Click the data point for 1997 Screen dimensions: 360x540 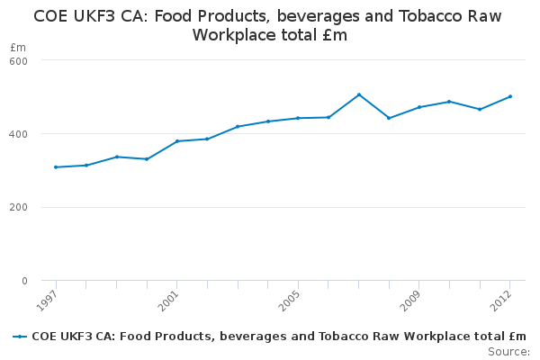pos(56,167)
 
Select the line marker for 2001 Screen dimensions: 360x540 pos(177,141)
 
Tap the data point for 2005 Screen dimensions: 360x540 pos(298,118)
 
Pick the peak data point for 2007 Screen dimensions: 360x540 pos(359,94)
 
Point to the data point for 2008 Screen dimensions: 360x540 pos(389,118)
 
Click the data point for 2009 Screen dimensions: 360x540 pos(419,107)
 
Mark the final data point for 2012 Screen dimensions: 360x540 pos(510,96)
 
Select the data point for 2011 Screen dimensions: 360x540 pos(480,109)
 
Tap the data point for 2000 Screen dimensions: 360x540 pos(147,159)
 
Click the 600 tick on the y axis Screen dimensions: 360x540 pos(19,60)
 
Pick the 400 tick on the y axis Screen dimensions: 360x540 pos(19,134)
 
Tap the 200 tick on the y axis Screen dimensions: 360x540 pos(19,208)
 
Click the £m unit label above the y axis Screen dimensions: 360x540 pos(17,47)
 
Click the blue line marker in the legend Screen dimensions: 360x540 pos(20,337)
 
